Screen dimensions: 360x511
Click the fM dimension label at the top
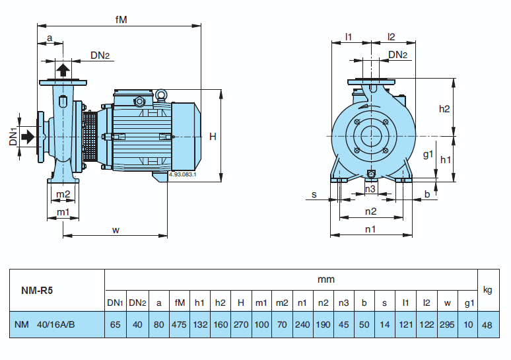pyautogui.click(x=121, y=20)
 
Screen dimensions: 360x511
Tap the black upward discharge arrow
pyautogui.click(x=63, y=70)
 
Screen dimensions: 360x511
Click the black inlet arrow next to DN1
pyautogui.click(x=28, y=136)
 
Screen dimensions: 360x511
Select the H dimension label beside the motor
pyautogui.click(x=213, y=137)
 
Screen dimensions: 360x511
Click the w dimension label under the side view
pyautogui.click(x=116, y=230)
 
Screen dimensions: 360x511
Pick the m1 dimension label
pyautogui.click(x=63, y=211)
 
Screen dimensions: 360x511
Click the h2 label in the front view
pyautogui.click(x=444, y=108)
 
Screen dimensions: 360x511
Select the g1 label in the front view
pyautogui.click(x=427, y=155)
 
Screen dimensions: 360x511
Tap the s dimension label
pyautogui.click(x=314, y=194)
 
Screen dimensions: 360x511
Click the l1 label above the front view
pyautogui.click(x=349, y=36)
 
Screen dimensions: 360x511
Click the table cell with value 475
pyautogui.click(x=179, y=324)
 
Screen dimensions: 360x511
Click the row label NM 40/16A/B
pyautogui.click(x=46, y=324)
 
